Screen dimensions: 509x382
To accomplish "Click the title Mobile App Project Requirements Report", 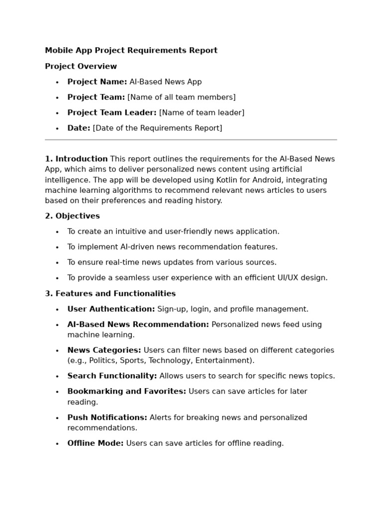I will point(131,50).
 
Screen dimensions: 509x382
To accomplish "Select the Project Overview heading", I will point(81,66).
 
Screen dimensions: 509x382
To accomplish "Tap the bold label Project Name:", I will point(97,82).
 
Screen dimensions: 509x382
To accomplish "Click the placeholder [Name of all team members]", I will point(182,97).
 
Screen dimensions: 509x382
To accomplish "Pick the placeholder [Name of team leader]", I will point(201,112).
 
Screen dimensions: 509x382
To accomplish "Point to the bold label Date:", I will point(79,128).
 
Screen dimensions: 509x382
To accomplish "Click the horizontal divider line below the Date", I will point(191,140).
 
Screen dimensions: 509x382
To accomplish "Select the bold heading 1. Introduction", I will point(76,159).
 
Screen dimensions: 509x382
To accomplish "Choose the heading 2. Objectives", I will point(72,216).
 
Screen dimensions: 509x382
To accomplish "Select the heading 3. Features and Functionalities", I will point(110,293).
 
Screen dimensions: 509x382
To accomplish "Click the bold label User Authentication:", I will point(111,309).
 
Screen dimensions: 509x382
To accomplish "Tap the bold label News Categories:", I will point(104,350).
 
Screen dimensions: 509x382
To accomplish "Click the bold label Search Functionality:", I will point(112,376).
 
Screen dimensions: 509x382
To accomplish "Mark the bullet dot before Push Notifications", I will point(57,418).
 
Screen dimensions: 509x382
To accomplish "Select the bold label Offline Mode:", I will point(95,443).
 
